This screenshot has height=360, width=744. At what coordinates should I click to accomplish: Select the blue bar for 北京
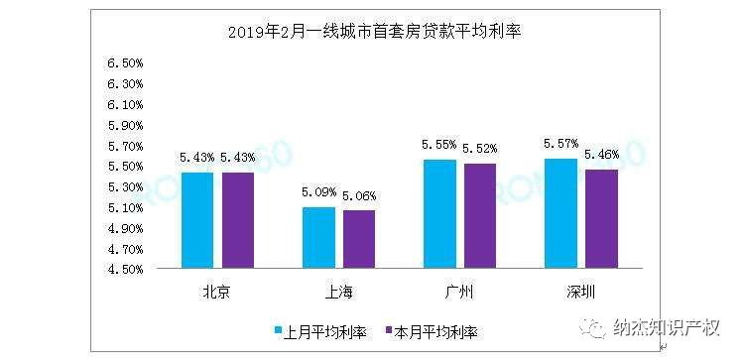tap(196, 219)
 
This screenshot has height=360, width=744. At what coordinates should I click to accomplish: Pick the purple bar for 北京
tap(238, 219)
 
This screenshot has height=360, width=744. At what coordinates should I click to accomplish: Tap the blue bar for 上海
tap(318, 237)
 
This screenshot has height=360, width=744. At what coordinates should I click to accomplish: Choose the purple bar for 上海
tap(360, 239)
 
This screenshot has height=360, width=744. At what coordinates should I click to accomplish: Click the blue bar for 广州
tap(439, 213)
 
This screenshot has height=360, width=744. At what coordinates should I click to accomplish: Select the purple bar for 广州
tap(481, 215)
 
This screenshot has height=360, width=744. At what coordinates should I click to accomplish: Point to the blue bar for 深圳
tap(561, 212)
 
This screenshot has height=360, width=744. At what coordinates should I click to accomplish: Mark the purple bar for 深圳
tap(602, 218)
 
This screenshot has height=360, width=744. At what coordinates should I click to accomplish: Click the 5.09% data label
tap(318, 193)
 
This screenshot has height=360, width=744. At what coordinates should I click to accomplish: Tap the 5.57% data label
tap(561, 145)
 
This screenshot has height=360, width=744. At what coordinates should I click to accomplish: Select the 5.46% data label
tap(602, 155)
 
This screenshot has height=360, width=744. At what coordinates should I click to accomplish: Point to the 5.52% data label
tap(481, 149)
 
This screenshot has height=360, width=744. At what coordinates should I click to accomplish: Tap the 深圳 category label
tap(582, 292)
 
